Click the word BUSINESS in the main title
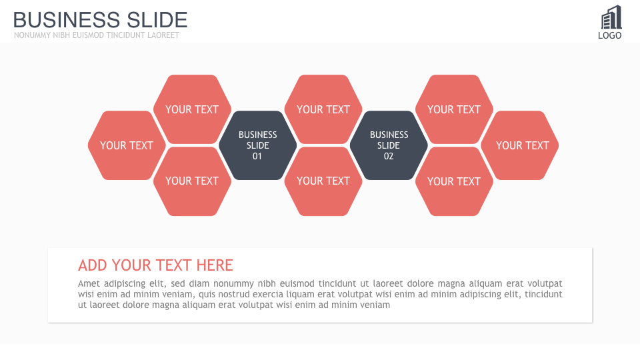coord(67,20)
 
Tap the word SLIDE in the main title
coord(157,20)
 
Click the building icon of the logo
coord(611,17)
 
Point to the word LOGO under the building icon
coord(610,35)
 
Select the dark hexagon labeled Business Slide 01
coord(257,145)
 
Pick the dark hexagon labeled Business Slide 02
coord(389,145)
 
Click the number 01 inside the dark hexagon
coord(257,156)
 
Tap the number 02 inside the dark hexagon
coord(389,156)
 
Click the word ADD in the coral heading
coord(93,265)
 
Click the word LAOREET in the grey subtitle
coord(163,35)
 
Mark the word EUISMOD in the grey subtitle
coord(88,35)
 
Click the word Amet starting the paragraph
coord(89,283)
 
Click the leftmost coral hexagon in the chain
coord(127,145)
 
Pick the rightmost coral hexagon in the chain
coord(519,145)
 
